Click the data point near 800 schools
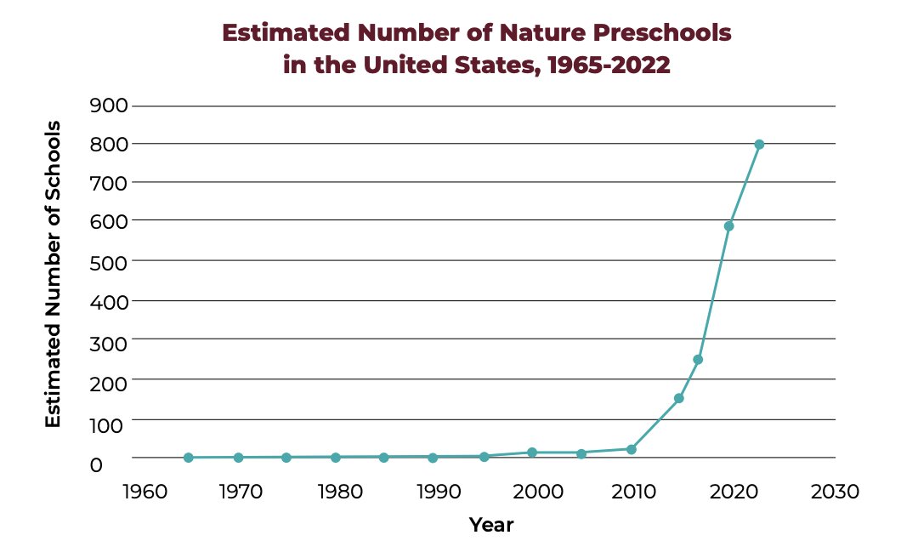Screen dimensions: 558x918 pos(759,145)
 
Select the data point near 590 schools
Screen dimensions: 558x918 pos(728,225)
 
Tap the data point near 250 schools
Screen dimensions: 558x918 pos(698,359)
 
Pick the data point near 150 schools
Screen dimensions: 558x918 pos(679,398)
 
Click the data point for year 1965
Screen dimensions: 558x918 pos(189,458)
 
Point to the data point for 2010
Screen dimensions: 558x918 pos(632,449)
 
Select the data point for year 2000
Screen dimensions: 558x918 pos(532,453)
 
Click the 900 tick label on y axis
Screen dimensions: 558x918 pos(108,106)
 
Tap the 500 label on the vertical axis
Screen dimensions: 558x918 pos(108,262)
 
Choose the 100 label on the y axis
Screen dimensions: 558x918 pos(108,423)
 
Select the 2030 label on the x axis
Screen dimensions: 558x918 pos(836,492)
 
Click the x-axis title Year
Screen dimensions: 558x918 pos(491,525)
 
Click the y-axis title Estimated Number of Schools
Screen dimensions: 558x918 pos(53,274)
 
